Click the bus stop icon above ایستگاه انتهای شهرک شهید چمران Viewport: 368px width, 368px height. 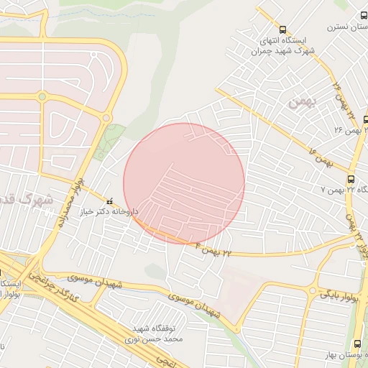coord(282,30)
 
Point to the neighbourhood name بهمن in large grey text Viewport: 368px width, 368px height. coord(300,103)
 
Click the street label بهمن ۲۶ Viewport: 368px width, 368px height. coord(346,131)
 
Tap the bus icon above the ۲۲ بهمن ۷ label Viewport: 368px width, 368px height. coord(351,179)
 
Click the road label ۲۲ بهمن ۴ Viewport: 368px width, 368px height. coord(216,249)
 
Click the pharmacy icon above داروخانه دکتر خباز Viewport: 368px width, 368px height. coord(110,201)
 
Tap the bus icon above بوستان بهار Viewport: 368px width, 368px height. coord(358,344)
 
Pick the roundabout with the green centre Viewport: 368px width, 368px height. coord(42,96)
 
